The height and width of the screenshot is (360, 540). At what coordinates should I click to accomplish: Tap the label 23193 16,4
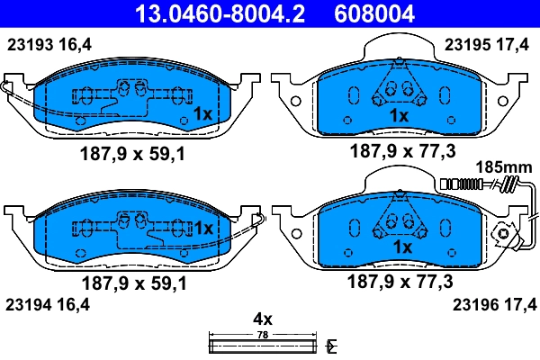49,43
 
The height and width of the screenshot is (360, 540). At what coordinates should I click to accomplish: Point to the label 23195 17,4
487,43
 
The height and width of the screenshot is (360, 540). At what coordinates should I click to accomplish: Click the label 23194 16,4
49,303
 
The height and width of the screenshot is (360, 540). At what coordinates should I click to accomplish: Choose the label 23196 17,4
487,303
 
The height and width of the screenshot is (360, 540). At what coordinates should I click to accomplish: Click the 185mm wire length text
504,167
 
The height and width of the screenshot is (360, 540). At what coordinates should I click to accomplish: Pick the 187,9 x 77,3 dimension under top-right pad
400,153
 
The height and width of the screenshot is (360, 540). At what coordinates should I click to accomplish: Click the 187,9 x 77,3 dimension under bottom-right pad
400,281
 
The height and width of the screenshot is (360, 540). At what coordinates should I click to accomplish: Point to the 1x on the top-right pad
399,116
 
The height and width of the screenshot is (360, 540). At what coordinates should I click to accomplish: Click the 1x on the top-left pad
203,114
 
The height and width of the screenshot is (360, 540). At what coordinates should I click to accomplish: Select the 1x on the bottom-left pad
203,229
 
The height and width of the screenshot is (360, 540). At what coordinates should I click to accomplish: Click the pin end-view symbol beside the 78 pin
332,345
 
